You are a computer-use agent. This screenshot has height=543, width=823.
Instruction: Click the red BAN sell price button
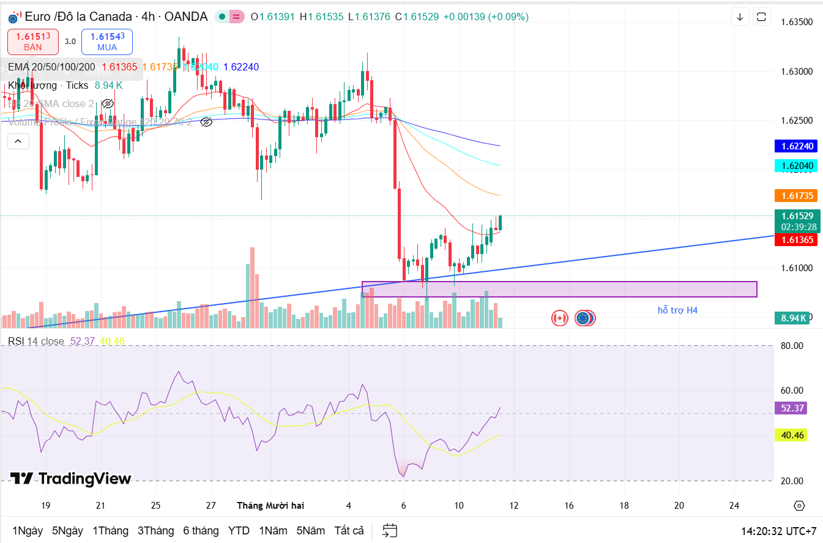tap(33, 42)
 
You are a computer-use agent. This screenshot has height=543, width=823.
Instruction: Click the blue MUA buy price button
tap(107, 42)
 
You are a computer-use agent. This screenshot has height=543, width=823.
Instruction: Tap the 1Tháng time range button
tap(110, 530)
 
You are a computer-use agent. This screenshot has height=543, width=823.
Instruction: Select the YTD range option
tap(239, 530)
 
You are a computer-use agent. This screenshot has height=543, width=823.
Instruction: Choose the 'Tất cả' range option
tap(349, 530)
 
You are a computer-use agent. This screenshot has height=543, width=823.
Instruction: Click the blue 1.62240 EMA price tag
tap(797, 146)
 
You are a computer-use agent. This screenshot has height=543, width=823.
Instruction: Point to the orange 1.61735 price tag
tap(797, 196)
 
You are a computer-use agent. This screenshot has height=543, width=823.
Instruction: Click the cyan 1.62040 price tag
tap(797, 166)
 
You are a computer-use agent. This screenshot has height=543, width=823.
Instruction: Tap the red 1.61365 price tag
tap(797, 240)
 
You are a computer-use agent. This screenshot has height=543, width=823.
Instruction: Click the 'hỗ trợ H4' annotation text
tap(677, 310)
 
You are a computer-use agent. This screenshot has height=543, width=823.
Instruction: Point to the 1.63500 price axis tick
tap(797, 22)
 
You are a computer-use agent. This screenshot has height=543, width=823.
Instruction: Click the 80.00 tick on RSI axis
tap(792, 346)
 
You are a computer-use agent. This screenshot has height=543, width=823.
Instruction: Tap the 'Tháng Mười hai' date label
tap(270, 506)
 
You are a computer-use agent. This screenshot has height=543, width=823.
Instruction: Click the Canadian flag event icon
tap(559, 318)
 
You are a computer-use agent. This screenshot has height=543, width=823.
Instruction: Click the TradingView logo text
tap(70, 479)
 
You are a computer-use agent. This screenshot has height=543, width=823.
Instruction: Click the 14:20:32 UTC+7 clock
tap(778, 531)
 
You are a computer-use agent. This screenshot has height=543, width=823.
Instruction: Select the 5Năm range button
tap(311, 530)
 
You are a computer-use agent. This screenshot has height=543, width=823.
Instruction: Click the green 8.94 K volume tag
tap(794, 318)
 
